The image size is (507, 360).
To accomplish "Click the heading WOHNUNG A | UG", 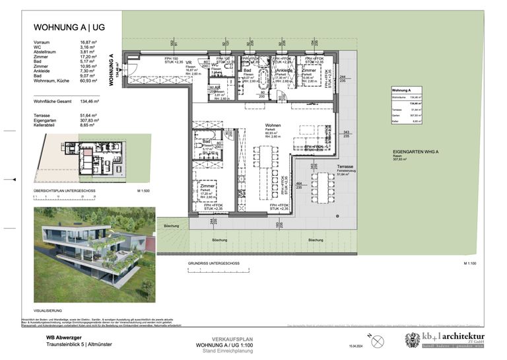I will (69, 28).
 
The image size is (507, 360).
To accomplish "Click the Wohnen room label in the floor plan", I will (255, 125).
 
